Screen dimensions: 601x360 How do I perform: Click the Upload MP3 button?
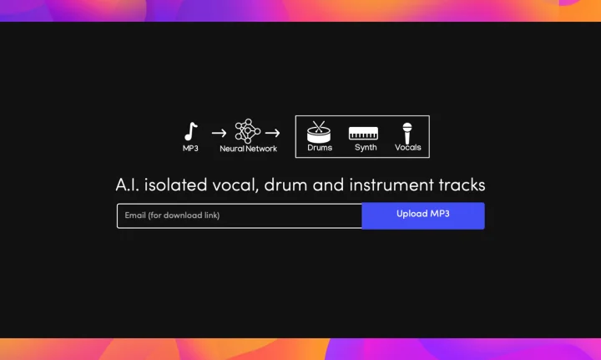click(423, 215)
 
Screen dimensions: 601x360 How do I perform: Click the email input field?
click(240, 215)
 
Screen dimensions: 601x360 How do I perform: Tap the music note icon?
click(191, 131)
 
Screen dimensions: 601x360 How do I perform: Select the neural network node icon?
click(248, 131)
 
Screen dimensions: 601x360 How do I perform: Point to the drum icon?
click(319, 132)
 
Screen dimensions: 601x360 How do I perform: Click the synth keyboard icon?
click(363, 133)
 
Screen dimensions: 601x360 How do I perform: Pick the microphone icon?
click(407, 133)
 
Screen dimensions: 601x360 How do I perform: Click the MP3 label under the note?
click(190, 149)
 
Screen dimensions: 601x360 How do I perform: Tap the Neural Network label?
click(249, 149)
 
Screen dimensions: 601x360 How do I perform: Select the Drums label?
click(320, 148)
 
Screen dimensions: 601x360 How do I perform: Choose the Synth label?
click(366, 148)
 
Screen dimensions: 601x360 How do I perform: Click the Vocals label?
click(408, 147)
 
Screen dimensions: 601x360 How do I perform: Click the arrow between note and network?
click(219, 133)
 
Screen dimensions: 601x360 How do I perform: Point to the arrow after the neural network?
click(272, 133)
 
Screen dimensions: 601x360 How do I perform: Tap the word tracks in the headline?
click(462, 185)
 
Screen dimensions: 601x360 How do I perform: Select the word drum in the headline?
click(285, 185)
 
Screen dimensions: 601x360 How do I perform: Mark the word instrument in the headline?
click(391, 185)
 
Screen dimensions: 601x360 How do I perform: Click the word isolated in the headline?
click(175, 185)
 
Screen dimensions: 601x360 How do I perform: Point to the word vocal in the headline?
click(235, 185)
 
